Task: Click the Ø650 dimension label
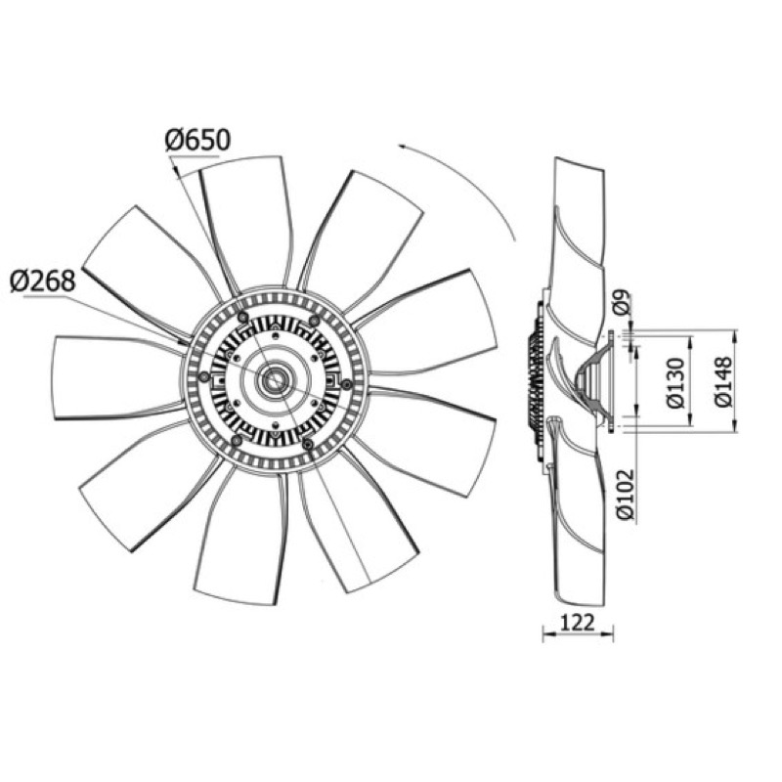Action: [197, 141]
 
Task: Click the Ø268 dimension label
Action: [43, 282]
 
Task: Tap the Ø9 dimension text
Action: [623, 302]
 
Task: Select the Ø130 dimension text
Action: [676, 382]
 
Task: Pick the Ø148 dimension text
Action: [723, 381]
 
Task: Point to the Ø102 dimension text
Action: [626, 495]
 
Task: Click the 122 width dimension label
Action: [578, 623]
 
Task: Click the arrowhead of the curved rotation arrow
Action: [403, 146]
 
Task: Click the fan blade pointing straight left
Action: [114, 377]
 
